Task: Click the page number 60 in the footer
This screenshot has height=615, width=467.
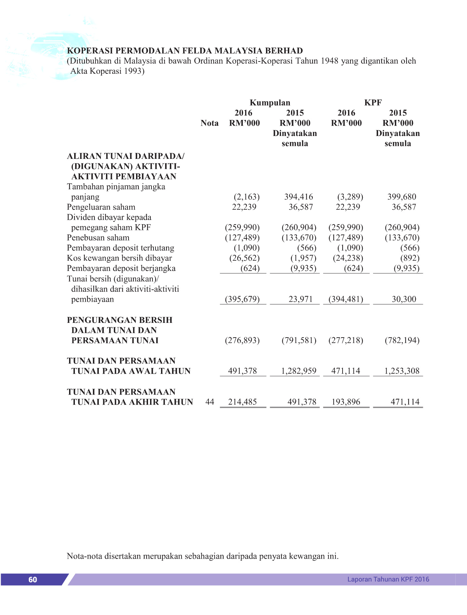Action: click(32, 579)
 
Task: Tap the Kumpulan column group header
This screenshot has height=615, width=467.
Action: click(270, 103)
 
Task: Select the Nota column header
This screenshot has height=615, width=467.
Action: click(209, 123)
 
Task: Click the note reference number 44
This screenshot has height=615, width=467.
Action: click(210, 402)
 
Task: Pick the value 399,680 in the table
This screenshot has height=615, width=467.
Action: click(402, 197)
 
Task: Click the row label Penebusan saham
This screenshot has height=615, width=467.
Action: click(98, 238)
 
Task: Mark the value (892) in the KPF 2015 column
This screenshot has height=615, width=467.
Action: click(410, 258)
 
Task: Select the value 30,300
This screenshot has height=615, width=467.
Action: click(404, 299)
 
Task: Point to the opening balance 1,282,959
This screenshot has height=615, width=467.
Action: click(298, 371)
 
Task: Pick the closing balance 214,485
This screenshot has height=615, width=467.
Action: click(242, 402)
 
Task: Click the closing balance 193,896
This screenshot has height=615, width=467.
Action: click(346, 402)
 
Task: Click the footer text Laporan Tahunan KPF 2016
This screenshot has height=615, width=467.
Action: click(388, 579)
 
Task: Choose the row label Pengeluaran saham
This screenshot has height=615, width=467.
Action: click(101, 207)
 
